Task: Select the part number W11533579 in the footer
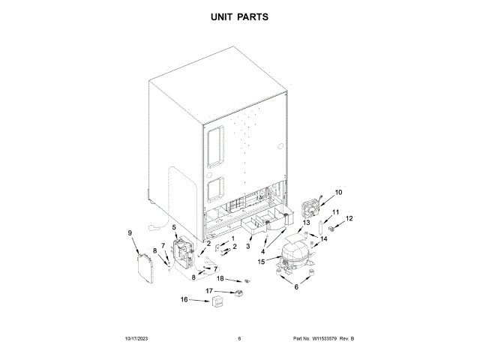(327, 339)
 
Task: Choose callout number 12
(349, 219)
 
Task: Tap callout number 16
(184, 301)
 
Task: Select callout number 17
(210, 290)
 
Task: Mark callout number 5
(175, 227)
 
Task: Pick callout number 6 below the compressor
(295, 287)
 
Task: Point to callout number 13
(306, 223)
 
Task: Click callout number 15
(261, 262)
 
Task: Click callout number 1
(232, 239)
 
